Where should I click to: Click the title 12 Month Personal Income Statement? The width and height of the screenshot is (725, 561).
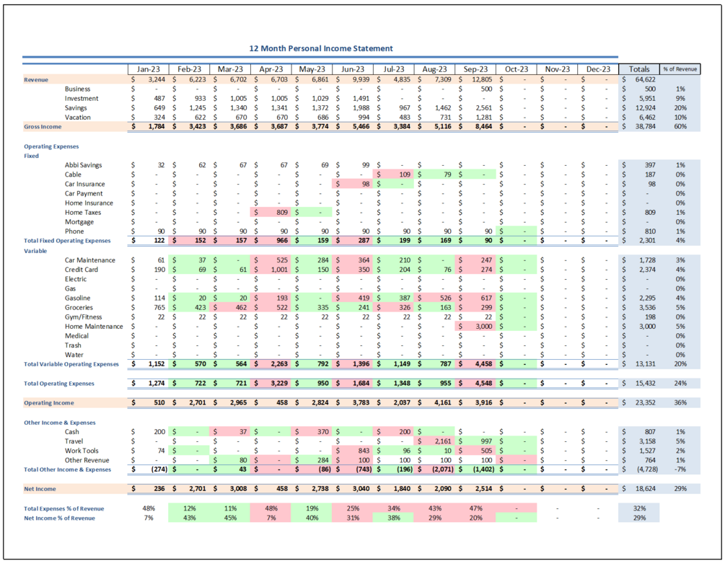pos(321,48)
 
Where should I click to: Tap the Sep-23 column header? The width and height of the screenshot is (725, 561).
pos(477,69)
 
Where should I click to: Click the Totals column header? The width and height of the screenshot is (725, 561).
pos(638,69)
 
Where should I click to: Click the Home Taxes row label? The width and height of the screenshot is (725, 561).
pos(84,213)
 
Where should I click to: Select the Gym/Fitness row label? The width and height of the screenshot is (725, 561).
pos(84,317)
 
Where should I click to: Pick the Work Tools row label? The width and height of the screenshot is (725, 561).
pos(82,451)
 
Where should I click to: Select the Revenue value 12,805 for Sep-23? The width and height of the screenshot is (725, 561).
pos(479,79)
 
